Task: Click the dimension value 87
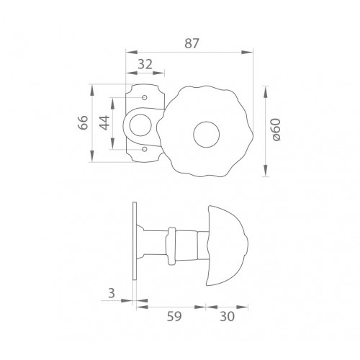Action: (192, 43)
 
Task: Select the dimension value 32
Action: (145, 64)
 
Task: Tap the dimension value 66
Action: (83, 122)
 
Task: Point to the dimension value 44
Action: (104, 123)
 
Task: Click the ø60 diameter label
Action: (276, 130)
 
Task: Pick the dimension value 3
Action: (112, 293)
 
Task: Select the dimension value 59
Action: (174, 316)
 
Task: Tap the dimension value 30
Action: (227, 316)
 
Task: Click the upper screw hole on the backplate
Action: (145, 97)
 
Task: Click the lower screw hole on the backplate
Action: (145, 149)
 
